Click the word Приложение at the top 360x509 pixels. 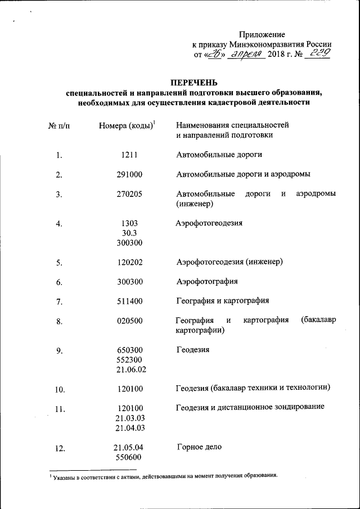[262, 34]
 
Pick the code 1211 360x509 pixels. [129, 155]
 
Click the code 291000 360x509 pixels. [129, 174]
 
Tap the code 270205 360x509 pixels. [129, 194]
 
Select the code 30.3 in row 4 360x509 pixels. [129, 233]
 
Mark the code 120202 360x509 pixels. [129, 262]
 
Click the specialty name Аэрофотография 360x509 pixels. [207, 281]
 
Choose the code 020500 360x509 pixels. [129, 321]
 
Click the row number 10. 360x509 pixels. [60, 389]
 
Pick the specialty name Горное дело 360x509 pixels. [199, 447]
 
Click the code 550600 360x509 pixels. [129, 458]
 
